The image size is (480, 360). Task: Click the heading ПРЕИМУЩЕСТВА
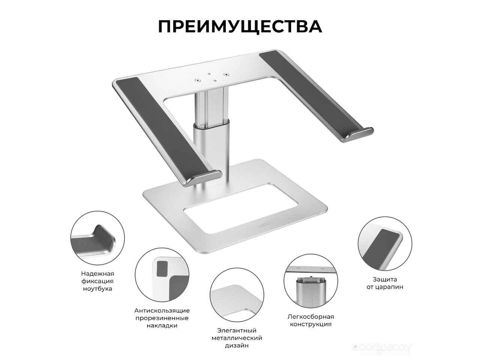point(240,27)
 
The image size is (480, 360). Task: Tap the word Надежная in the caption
point(97,273)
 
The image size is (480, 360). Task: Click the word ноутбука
point(97,288)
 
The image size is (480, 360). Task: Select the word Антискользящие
point(162,310)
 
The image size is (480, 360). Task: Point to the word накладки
point(162,325)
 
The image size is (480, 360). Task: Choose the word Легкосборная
point(311,317)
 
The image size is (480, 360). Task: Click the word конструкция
point(311,324)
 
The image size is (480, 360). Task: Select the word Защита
point(385,279)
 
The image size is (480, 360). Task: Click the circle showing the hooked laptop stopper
point(97,238)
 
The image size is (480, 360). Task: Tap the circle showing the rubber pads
point(162,275)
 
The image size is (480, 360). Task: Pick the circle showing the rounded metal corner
point(237,295)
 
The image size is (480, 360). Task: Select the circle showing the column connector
point(311,281)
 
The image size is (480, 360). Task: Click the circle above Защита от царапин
point(385,244)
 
